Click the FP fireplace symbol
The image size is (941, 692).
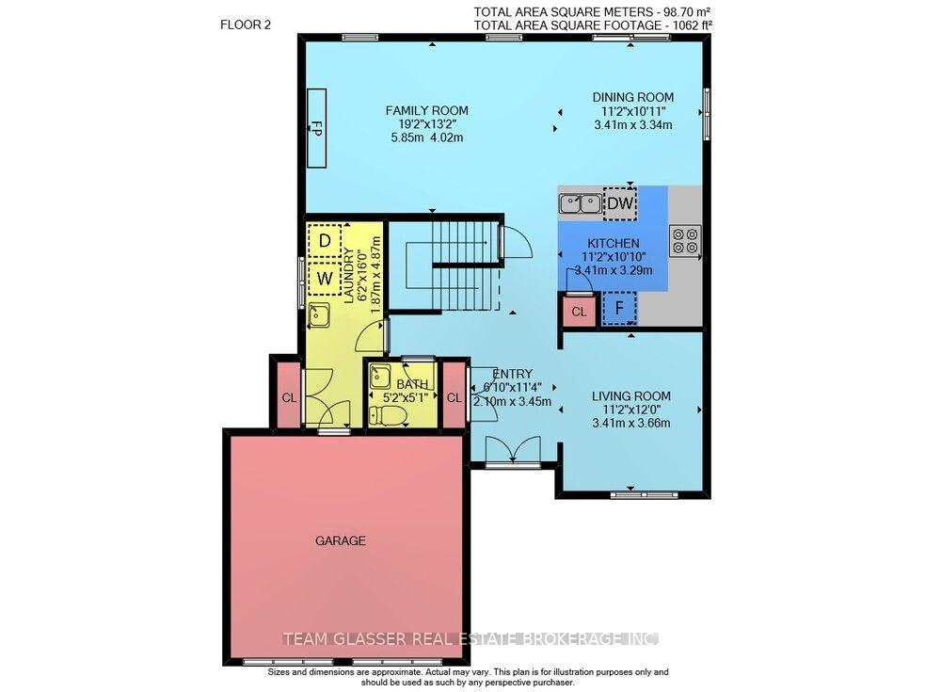tap(316, 128)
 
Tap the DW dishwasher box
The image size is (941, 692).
tap(620, 203)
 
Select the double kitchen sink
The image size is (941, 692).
tap(581, 203)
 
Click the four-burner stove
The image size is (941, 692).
tap(685, 241)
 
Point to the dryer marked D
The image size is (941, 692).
tap(325, 241)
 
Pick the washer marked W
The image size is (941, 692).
tap(325, 278)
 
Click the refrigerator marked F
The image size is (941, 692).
tap(619, 308)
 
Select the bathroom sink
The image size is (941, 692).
tap(380, 377)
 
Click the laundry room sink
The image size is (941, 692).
tap(319, 315)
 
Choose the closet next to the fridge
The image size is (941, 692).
tap(579, 311)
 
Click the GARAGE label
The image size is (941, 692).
tap(341, 540)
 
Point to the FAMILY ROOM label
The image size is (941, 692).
tap(426, 110)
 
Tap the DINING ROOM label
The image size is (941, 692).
tap(633, 97)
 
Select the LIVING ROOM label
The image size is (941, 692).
tap(631, 395)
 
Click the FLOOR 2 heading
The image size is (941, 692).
tap(246, 24)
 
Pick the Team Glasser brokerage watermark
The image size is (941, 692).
tap(471, 639)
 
